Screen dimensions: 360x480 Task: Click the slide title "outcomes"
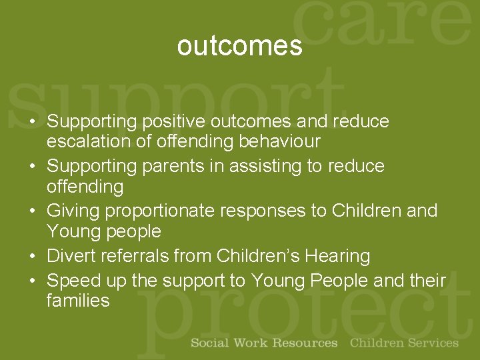coord(239,46)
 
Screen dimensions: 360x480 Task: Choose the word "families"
coord(78,301)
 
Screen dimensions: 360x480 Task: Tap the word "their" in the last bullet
coord(427,281)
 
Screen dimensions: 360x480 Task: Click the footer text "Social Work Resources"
coord(264,343)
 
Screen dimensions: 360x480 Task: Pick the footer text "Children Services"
coord(404,343)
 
